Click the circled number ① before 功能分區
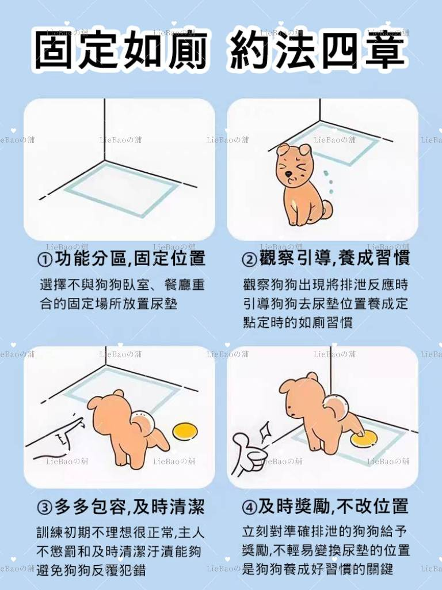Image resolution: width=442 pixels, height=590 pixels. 45,260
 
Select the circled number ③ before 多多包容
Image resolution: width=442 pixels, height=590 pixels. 45,508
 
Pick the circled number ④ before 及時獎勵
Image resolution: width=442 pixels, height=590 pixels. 249,508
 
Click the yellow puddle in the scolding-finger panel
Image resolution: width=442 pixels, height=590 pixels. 185,431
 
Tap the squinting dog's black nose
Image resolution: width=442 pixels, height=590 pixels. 288,175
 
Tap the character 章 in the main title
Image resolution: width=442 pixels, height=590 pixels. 385,51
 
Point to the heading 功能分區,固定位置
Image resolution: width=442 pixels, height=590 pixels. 129,259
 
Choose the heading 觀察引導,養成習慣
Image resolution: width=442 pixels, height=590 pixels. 334,259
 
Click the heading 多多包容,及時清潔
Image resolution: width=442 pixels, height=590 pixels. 129,507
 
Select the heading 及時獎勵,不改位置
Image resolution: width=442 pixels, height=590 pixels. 333,507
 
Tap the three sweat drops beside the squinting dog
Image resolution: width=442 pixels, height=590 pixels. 329,181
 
